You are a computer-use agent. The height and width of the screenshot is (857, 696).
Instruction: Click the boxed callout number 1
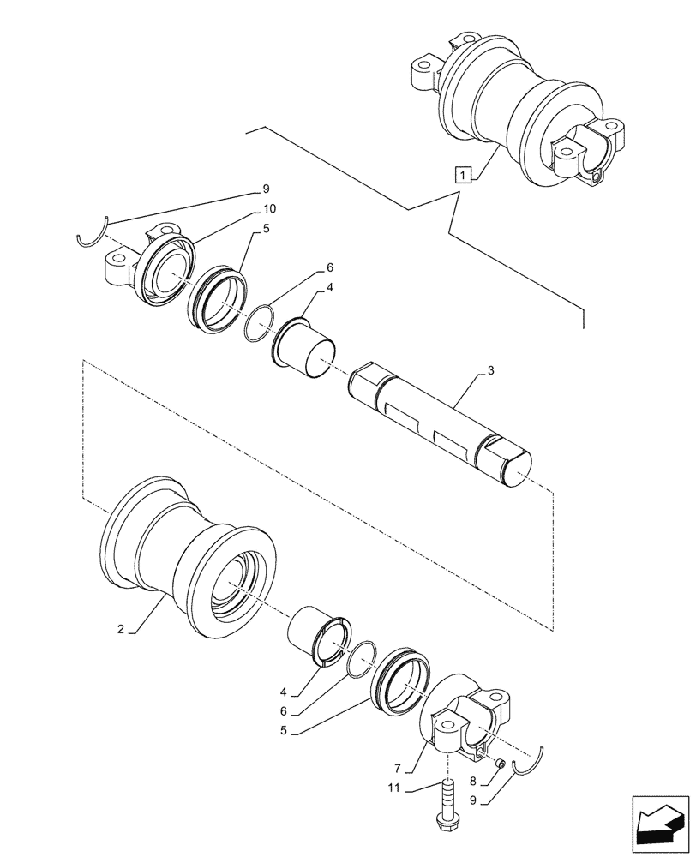pyautogui.click(x=463, y=176)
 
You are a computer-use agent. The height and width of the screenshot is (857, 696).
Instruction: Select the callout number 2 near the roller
pyautogui.click(x=123, y=629)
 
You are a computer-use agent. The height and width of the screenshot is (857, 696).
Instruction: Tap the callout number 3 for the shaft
pyautogui.click(x=490, y=371)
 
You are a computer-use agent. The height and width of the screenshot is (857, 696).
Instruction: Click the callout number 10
pyautogui.click(x=269, y=209)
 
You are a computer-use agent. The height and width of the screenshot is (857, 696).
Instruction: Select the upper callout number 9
pyautogui.click(x=266, y=189)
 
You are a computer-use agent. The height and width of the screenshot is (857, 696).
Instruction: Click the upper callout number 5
pyautogui.click(x=267, y=229)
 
